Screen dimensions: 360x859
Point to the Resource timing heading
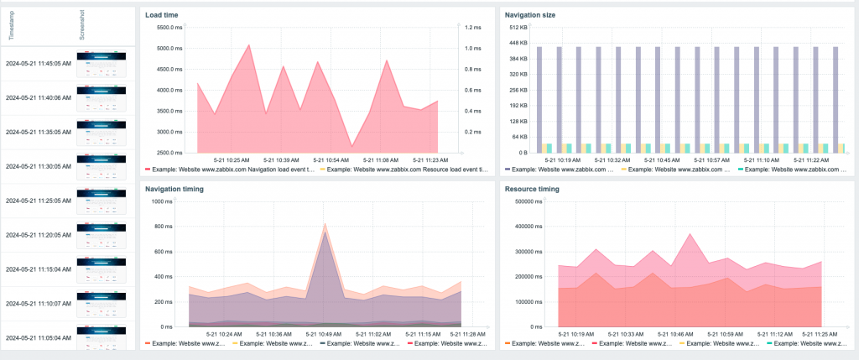pyautogui.click(x=532, y=189)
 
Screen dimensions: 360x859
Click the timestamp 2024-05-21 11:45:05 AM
pyautogui.click(x=38, y=63)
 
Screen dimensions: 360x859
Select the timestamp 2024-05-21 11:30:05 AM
pyautogui.click(x=38, y=166)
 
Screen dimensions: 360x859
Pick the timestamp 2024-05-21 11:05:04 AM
pyautogui.click(x=38, y=338)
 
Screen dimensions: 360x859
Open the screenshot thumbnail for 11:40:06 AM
pyautogui.click(x=101, y=97)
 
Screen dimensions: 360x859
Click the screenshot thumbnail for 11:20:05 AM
pyautogui.click(x=101, y=235)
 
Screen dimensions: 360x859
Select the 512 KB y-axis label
pyautogui.click(x=518, y=28)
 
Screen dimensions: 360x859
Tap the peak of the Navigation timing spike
pyautogui.click(x=325, y=224)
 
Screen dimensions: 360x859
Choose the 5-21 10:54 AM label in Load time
pyautogui.click(x=331, y=159)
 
